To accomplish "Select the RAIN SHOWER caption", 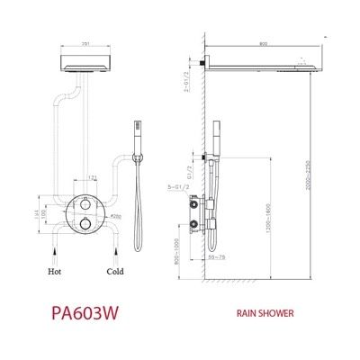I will click(265, 315).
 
